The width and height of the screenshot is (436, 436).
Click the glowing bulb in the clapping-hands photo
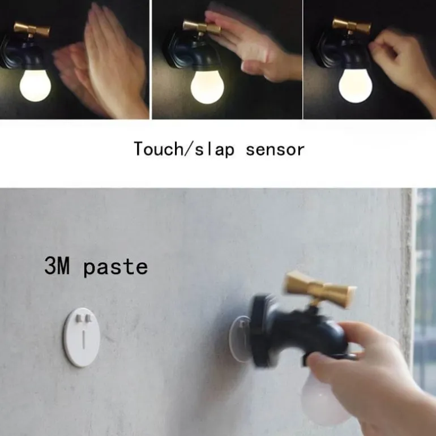[x=35, y=86]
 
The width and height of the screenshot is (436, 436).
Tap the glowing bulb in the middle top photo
[x=207, y=87]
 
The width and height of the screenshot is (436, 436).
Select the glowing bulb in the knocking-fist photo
[x=356, y=86]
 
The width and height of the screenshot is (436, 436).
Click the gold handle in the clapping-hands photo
[x=32, y=29]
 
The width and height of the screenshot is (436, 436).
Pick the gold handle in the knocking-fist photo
[x=352, y=27]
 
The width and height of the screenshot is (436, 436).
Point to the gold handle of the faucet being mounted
[x=319, y=289]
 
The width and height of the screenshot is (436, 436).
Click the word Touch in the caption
[x=158, y=149]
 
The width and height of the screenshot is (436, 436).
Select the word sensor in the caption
[x=275, y=150]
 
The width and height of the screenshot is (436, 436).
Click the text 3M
[x=57, y=266]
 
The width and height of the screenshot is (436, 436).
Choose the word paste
[x=116, y=267]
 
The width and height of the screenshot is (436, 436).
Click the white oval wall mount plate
[x=82, y=337]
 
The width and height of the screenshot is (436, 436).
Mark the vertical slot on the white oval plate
[x=83, y=339]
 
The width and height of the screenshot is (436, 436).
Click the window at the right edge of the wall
[x=425, y=289]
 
